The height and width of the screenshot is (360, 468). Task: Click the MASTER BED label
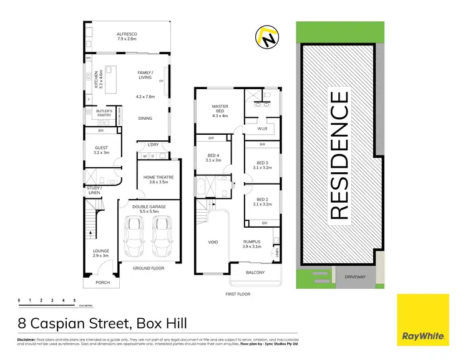(x=220, y=109)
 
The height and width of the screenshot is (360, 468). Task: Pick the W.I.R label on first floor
(x=262, y=129)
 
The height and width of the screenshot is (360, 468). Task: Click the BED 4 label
(x=213, y=157)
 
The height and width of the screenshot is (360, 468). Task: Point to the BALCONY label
(x=254, y=273)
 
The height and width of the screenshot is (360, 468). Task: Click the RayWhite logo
(x=422, y=320)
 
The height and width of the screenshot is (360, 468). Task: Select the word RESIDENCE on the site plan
(x=338, y=155)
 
